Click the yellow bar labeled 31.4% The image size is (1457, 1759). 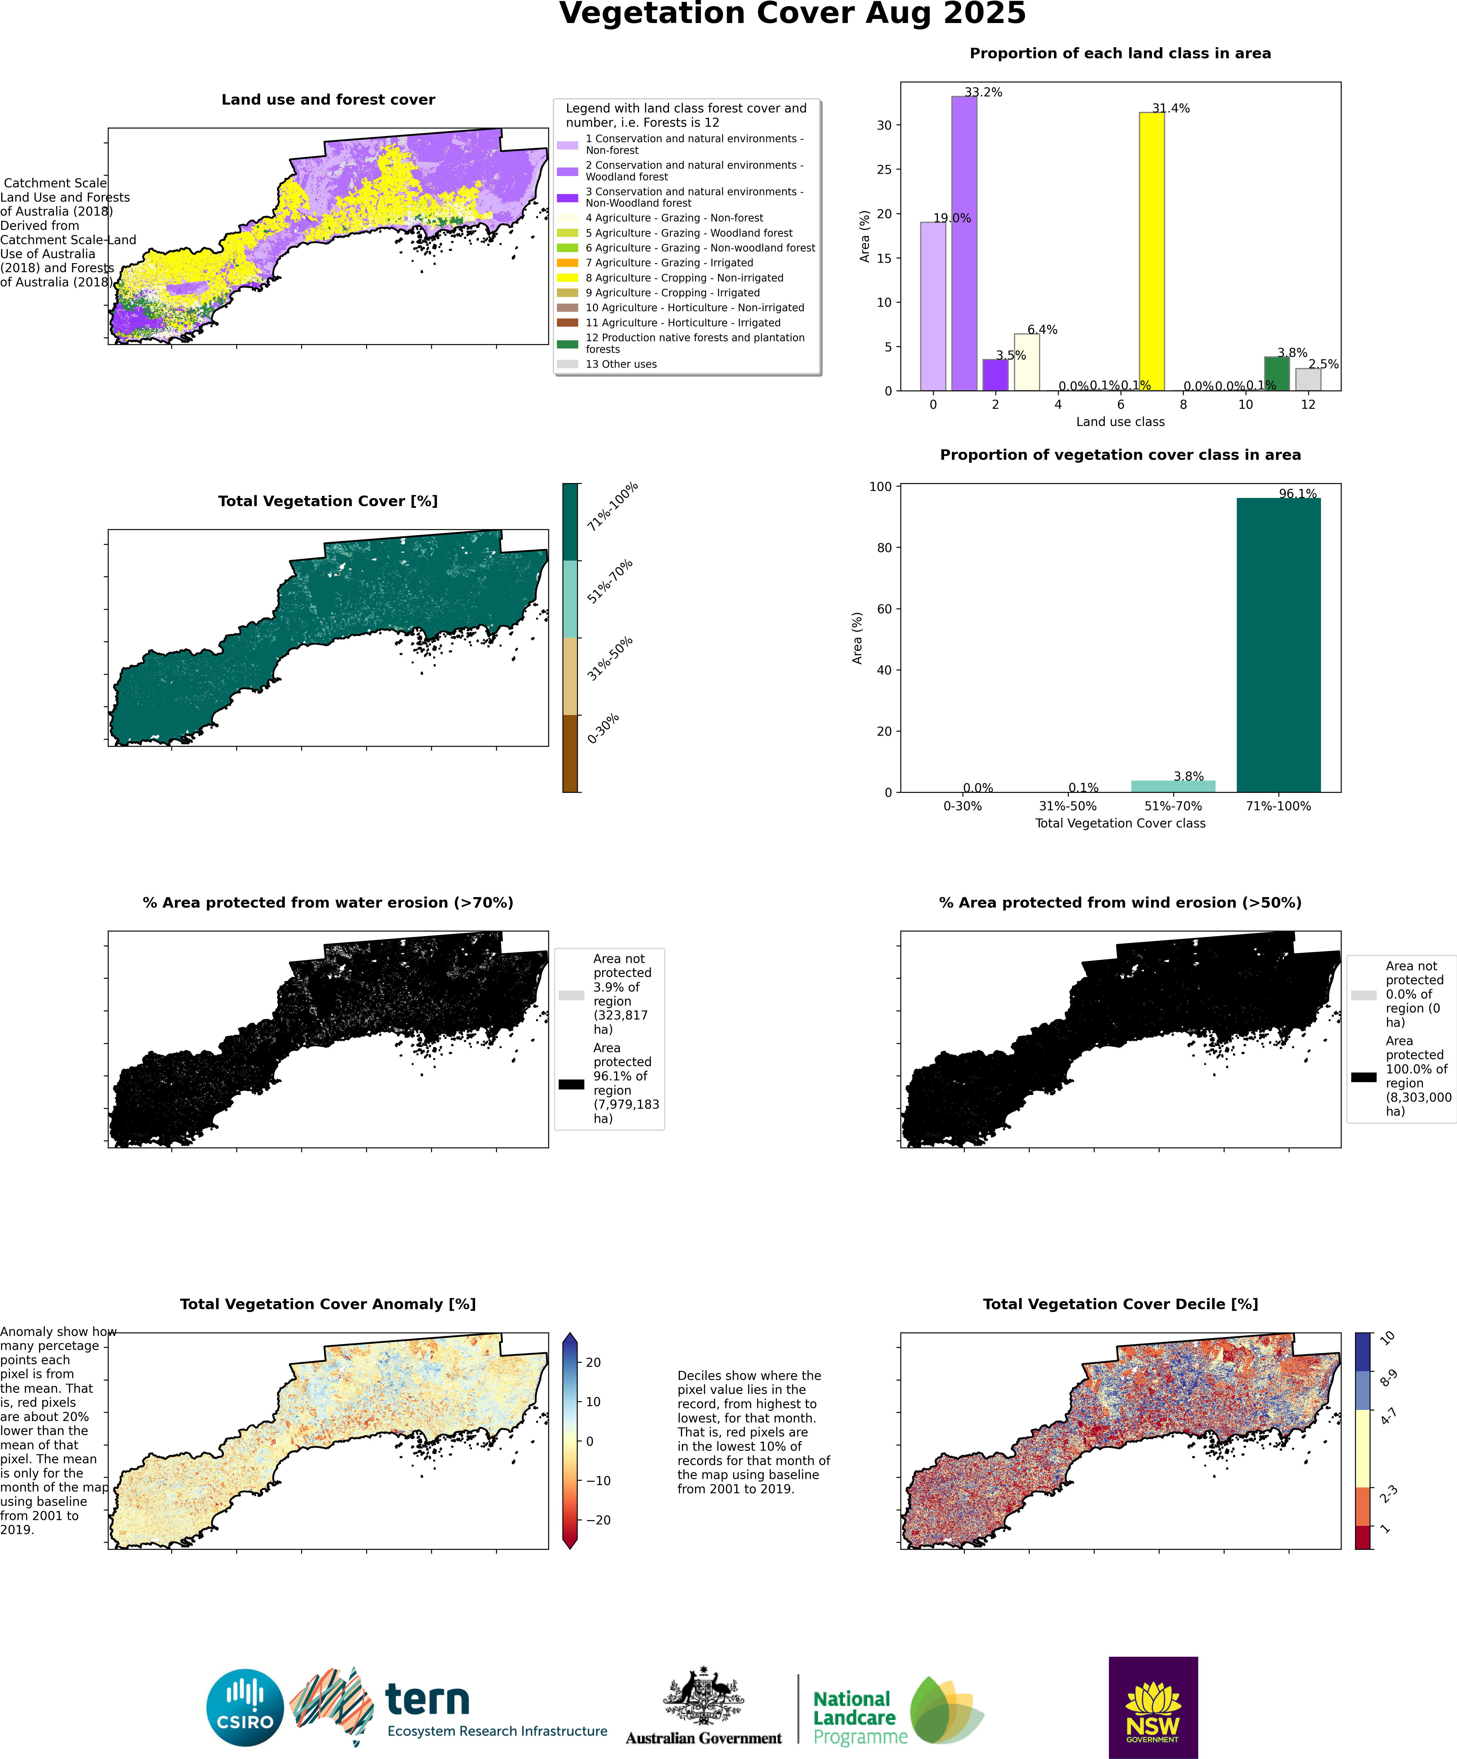(1151, 251)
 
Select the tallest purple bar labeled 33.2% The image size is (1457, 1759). (964, 243)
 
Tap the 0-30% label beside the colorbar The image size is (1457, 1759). (603, 729)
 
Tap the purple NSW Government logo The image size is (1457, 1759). (1153, 1707)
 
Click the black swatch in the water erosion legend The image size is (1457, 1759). (571, 1084)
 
